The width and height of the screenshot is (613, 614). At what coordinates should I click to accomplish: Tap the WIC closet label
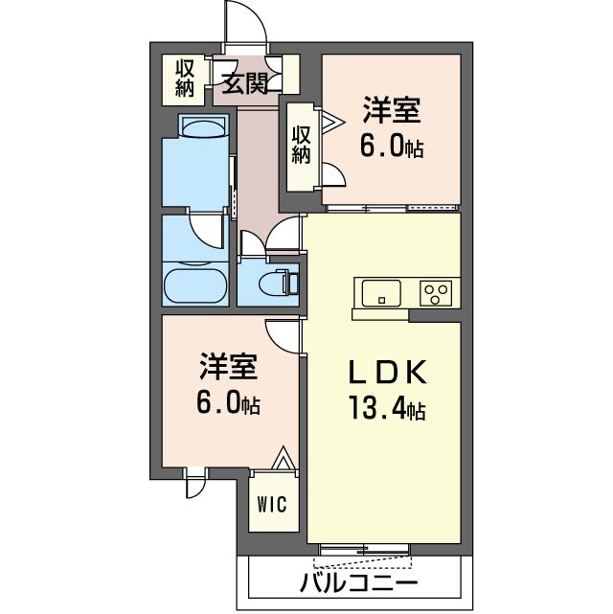coord(270,504)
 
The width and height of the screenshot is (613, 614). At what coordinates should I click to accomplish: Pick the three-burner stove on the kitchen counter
coord(439,291)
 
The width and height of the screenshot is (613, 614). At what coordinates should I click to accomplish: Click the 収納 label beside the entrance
coord(186,79)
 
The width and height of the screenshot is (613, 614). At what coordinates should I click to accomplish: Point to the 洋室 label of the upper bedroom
coord(391,110)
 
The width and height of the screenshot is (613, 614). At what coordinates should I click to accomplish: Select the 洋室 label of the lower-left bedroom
coord(228,366)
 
